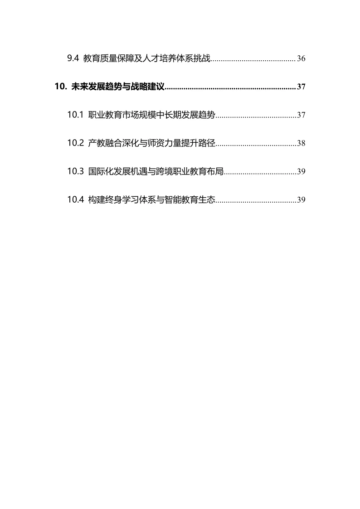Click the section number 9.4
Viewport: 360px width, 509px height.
[73, 58]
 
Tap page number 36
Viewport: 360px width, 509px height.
[301, 59]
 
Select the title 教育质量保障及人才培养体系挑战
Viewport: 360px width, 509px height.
[147, 58]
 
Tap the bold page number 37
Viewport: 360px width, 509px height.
[301, 87]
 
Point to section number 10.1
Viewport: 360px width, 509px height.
[76, 115]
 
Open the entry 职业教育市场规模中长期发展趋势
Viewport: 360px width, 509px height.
[151, 115]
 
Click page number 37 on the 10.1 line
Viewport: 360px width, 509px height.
[301, 115]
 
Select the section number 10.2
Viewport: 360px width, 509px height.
[76, 143]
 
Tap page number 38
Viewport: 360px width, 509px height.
[301, 143]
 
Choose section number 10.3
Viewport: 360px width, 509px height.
[76, 171]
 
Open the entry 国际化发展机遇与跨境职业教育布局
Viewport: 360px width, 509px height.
[156, 171]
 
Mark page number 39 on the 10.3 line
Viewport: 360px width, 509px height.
[301, 172]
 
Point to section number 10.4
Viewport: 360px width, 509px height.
[76, 199]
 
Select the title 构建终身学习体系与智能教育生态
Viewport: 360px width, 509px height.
[151, 199]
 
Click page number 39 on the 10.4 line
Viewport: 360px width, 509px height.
[301, 200]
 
